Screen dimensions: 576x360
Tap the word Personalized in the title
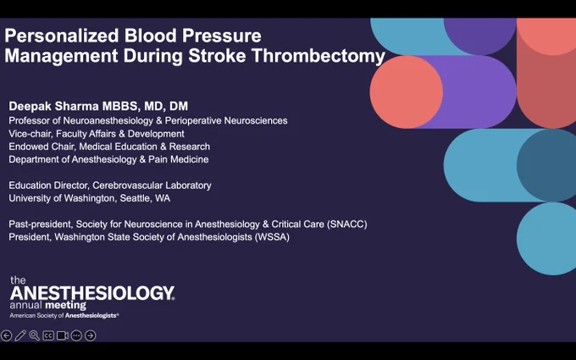(x=62, y=36)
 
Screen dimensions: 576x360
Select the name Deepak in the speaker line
(x=30, y=106)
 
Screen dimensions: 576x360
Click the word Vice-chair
(x=29, y=133)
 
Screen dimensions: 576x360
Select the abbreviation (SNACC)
(x=346, y=224)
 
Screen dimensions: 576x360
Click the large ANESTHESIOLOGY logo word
(x=91, y=293)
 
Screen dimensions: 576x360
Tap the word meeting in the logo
(x=66, y=305)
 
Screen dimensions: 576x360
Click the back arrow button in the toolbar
(x=6, y=335)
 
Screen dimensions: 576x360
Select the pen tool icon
(x=20, y=335)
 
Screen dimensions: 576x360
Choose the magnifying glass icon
(x=34, y=335)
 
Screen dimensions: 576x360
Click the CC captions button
(x=48, y=335)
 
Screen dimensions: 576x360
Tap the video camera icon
(x=62, y=335)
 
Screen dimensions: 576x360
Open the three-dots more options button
(x=76, y=335)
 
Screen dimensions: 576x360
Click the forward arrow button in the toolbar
(x=91, y=335)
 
